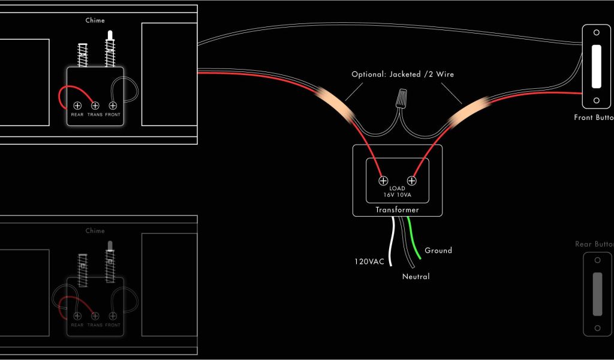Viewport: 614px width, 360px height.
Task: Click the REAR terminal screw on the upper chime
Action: (x=77, y=106)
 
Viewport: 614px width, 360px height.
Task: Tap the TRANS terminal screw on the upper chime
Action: (x=95, y=106)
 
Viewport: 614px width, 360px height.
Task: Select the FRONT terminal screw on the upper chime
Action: (x=113, y=106)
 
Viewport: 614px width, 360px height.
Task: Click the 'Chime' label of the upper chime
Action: (x=95, y=20)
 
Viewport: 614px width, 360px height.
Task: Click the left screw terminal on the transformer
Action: (x=383, y=180)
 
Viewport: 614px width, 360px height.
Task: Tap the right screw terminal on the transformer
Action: (x=412, y=180)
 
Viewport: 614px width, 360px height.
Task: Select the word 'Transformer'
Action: (x=397, y=210)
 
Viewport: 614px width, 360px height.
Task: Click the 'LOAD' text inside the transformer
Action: (x=397, y=188)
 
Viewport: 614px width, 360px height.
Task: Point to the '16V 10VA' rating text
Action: (x=397, y=196)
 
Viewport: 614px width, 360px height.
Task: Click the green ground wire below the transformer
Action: (x=413, y=240)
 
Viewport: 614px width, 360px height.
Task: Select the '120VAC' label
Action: (x=369, y=262)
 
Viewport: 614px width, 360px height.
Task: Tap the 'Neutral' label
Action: (x=416, y=277)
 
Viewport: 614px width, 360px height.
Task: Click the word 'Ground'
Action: (x=438, y=250)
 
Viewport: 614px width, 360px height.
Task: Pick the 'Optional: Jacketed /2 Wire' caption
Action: (x=402, y=75)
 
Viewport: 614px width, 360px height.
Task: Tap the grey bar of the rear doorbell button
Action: (x=597, y=294)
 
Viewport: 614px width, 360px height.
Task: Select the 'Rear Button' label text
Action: (x=594, y=244)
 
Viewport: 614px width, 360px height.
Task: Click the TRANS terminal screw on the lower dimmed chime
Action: (x=95, y=316)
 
